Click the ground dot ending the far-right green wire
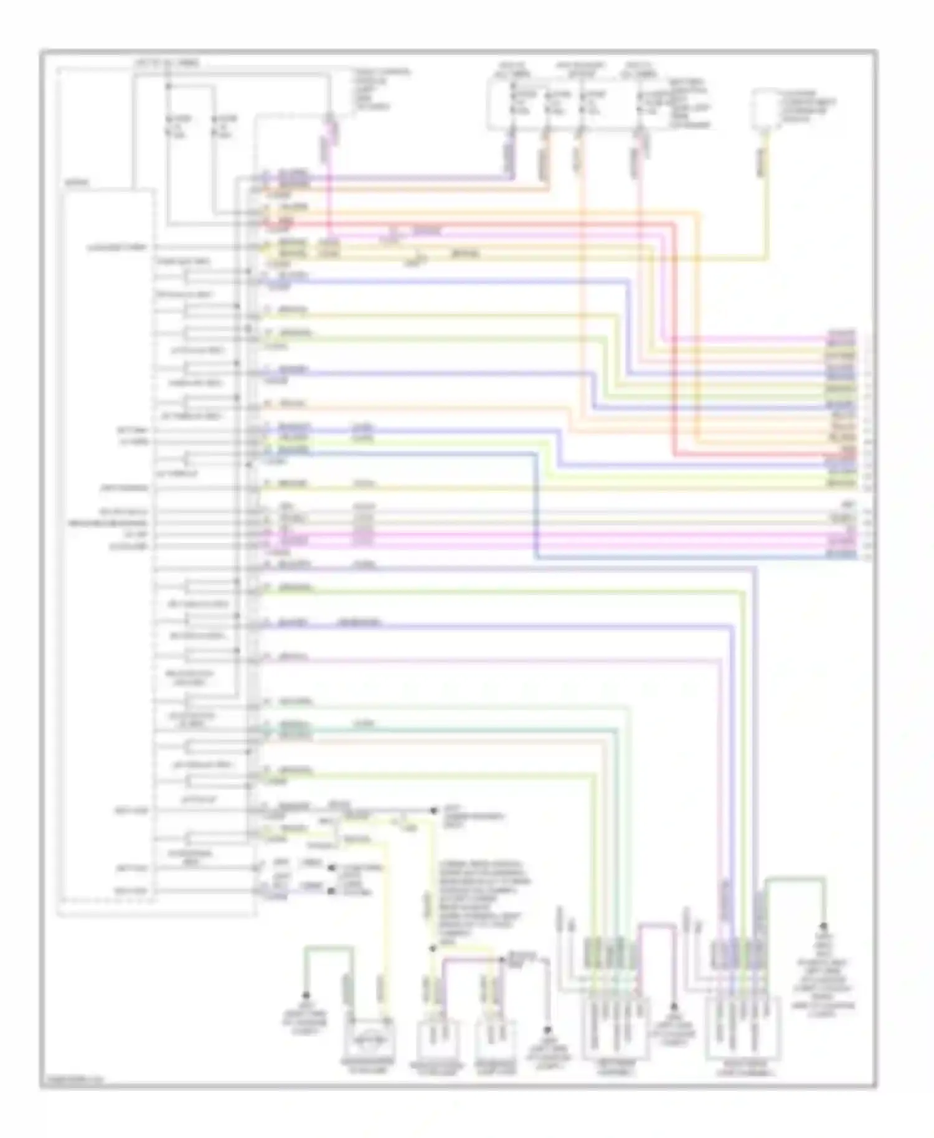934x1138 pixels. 823,925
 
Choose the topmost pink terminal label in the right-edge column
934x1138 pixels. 841,335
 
